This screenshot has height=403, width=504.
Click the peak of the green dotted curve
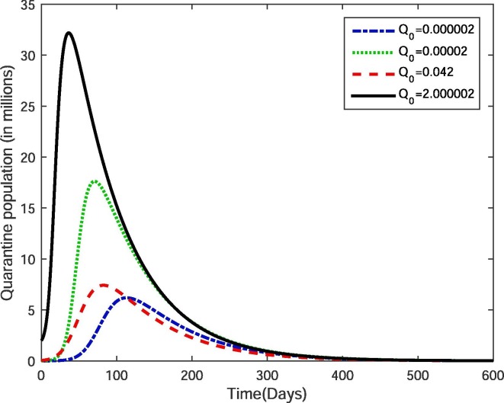(95, 181)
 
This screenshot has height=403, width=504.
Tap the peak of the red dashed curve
(103, 285)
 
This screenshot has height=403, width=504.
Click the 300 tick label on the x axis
(267, 375)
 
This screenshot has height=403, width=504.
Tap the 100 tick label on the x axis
(116, 375)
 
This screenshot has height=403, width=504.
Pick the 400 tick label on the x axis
(342, 375)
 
